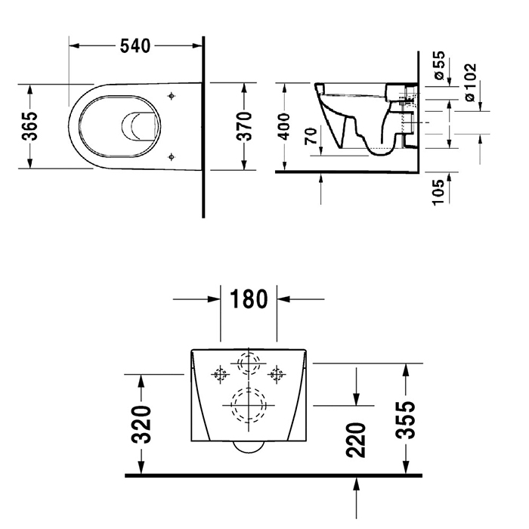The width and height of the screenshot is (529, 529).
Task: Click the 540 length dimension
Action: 137,45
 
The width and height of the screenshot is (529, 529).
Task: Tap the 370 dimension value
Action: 243,125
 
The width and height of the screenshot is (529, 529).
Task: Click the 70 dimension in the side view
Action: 309,138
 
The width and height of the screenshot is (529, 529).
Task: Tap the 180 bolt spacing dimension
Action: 249,299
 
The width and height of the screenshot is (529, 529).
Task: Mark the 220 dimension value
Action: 357,441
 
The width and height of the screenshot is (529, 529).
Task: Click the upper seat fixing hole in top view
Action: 173,96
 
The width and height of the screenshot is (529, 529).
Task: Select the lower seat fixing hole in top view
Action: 173,156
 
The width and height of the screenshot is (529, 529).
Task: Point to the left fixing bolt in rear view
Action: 221,373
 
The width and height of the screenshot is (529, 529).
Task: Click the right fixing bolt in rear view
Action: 277,373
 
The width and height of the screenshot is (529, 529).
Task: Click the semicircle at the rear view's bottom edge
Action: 249,446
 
